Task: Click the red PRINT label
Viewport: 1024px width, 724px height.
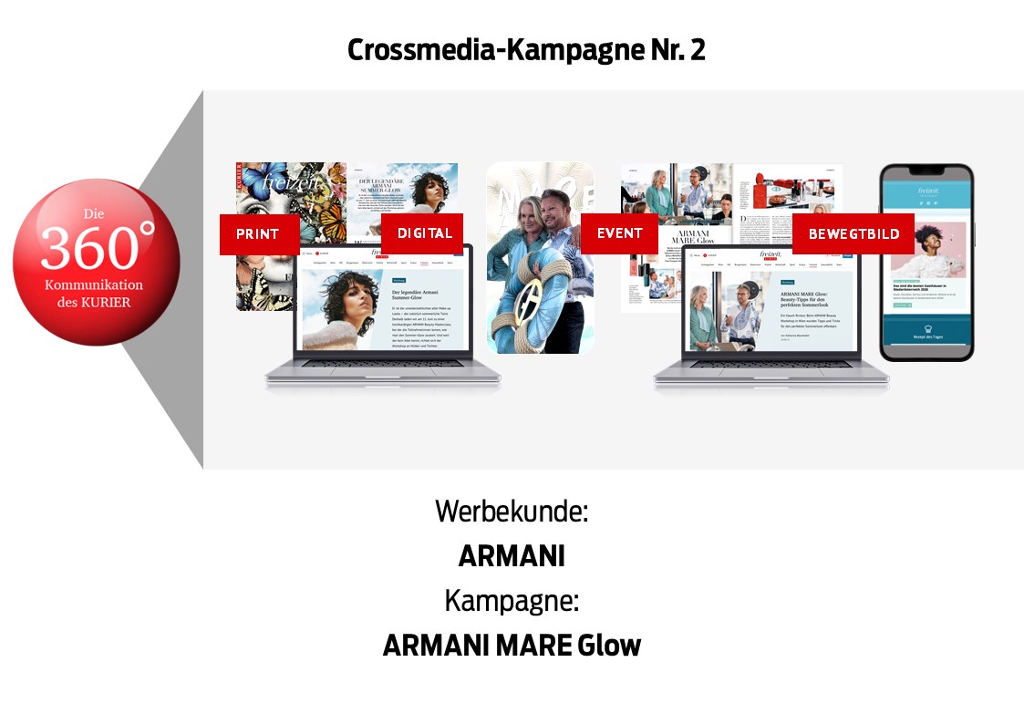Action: [259, 234]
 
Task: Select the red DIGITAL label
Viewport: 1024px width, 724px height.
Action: [422, 233]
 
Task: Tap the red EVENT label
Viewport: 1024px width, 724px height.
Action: [619, 233]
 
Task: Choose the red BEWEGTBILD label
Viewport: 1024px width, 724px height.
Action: [853, 234]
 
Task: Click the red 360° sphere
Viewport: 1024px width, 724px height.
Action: [97, 262]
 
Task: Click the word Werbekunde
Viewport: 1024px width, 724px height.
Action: [511, 511]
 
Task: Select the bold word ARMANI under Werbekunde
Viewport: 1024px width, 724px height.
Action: [511, 555]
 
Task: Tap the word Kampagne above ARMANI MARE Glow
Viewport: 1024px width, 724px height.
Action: [511, 600]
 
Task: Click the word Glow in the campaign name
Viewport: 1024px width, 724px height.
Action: [609, 645]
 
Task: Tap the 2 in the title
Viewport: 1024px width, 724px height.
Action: [698, 50]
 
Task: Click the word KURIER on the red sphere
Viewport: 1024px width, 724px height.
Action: [109, 302]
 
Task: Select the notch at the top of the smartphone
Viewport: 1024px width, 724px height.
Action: [926, 172]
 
